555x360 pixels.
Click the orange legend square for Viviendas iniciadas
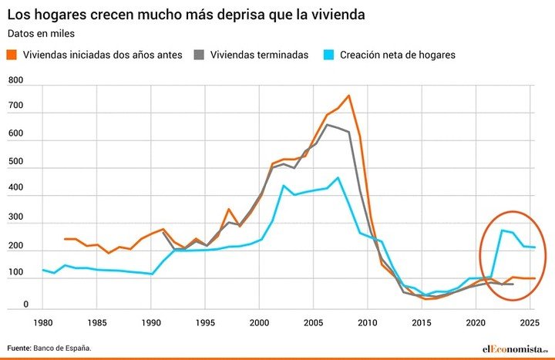coord(13,55)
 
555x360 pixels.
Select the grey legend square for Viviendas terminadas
coord(200,55)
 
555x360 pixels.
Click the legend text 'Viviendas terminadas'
coord(259,55)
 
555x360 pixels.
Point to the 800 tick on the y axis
coord(15,80)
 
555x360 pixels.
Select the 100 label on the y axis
coord(15,273)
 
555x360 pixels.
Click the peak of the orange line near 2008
coord(348,96)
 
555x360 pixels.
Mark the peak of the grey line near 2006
coord(327,124)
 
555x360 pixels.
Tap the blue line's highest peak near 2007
coord(338,177)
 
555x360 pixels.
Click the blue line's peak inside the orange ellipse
coord(502,230)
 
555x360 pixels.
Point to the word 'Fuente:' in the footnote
coord(19,348)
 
